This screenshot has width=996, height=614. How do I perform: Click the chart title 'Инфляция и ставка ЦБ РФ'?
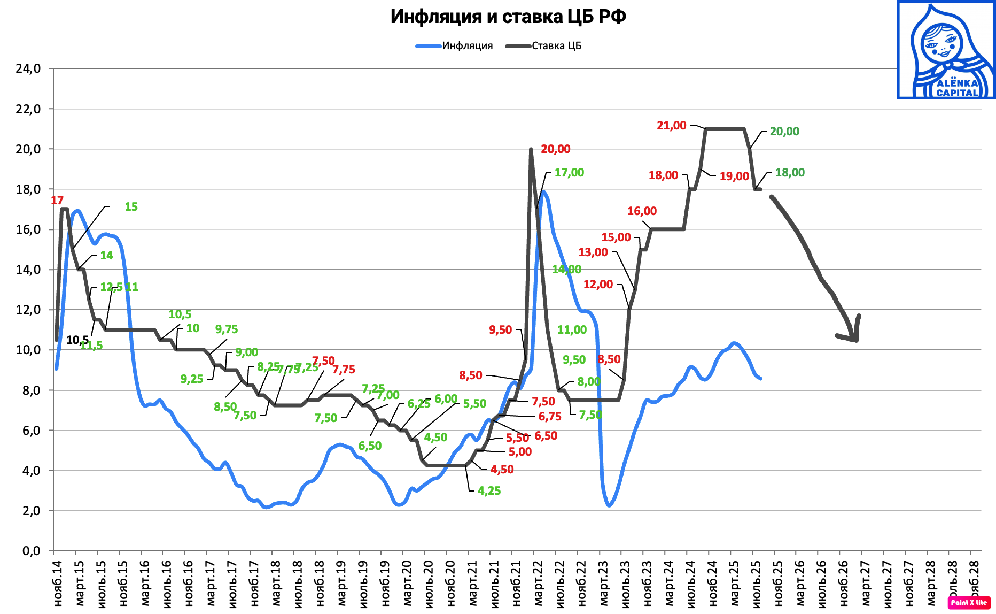(x=508, y=17)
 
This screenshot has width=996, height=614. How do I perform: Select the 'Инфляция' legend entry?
(x=466, y=46)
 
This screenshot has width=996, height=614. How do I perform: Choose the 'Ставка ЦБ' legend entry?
(x=556, y=46)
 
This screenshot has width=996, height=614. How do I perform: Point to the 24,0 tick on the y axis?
(x=28, y=68)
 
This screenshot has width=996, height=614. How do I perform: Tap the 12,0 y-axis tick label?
(x=28, y=310)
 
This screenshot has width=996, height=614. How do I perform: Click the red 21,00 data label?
(x=671, y=126)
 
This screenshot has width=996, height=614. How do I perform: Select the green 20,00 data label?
(x=784, y=132)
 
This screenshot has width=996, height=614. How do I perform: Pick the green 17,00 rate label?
(x=569, y=173)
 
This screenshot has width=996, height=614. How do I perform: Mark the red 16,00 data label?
(x=642, y=211)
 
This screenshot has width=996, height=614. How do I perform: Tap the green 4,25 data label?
(x=489, y=491)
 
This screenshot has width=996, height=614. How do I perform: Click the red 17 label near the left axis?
(x=57, y=201)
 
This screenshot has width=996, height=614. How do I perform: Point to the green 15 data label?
(x=131, y=207)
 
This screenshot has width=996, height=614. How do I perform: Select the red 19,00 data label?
(x=734, y=176)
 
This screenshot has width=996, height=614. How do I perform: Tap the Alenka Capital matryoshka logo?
(x=945, y=50)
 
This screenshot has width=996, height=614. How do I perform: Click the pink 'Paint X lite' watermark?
(x=969, y=602)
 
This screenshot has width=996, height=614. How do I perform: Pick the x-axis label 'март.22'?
(x=538, y=583)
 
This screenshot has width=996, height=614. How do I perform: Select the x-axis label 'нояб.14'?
(x=58, y=583)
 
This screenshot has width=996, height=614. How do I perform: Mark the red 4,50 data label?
(x=502, y=470)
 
